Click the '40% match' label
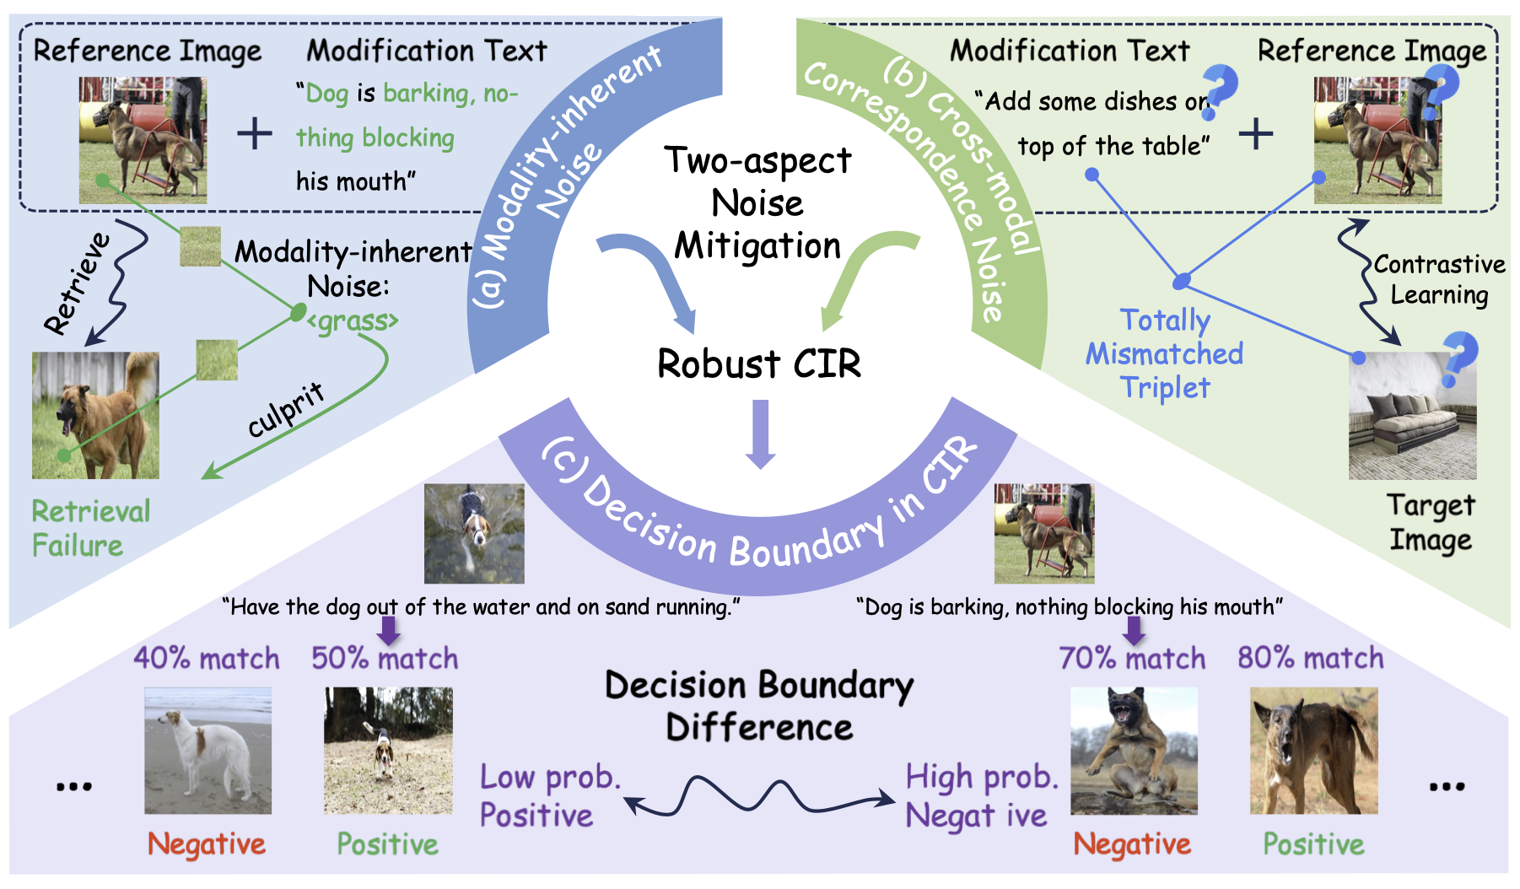click(206, 659)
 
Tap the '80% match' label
click(1310, 659)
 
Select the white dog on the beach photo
click(208, 750)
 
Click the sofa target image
click(1412, 417)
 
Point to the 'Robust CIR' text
click(759, 364)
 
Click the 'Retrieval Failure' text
click(90, 528)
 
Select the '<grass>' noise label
click(353, 321)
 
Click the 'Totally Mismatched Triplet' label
click(1165, 353)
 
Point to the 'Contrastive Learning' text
click(1439, 279)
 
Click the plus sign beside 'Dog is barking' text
click(254, 134)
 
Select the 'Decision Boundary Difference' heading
click(759, 706)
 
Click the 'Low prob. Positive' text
click(549, 796)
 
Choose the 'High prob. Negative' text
click(981, 796)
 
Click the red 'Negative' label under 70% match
click(1132, 844)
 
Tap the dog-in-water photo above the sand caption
click(474, 533)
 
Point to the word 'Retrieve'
click(78, 283)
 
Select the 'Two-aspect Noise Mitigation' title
click(757, 203)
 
